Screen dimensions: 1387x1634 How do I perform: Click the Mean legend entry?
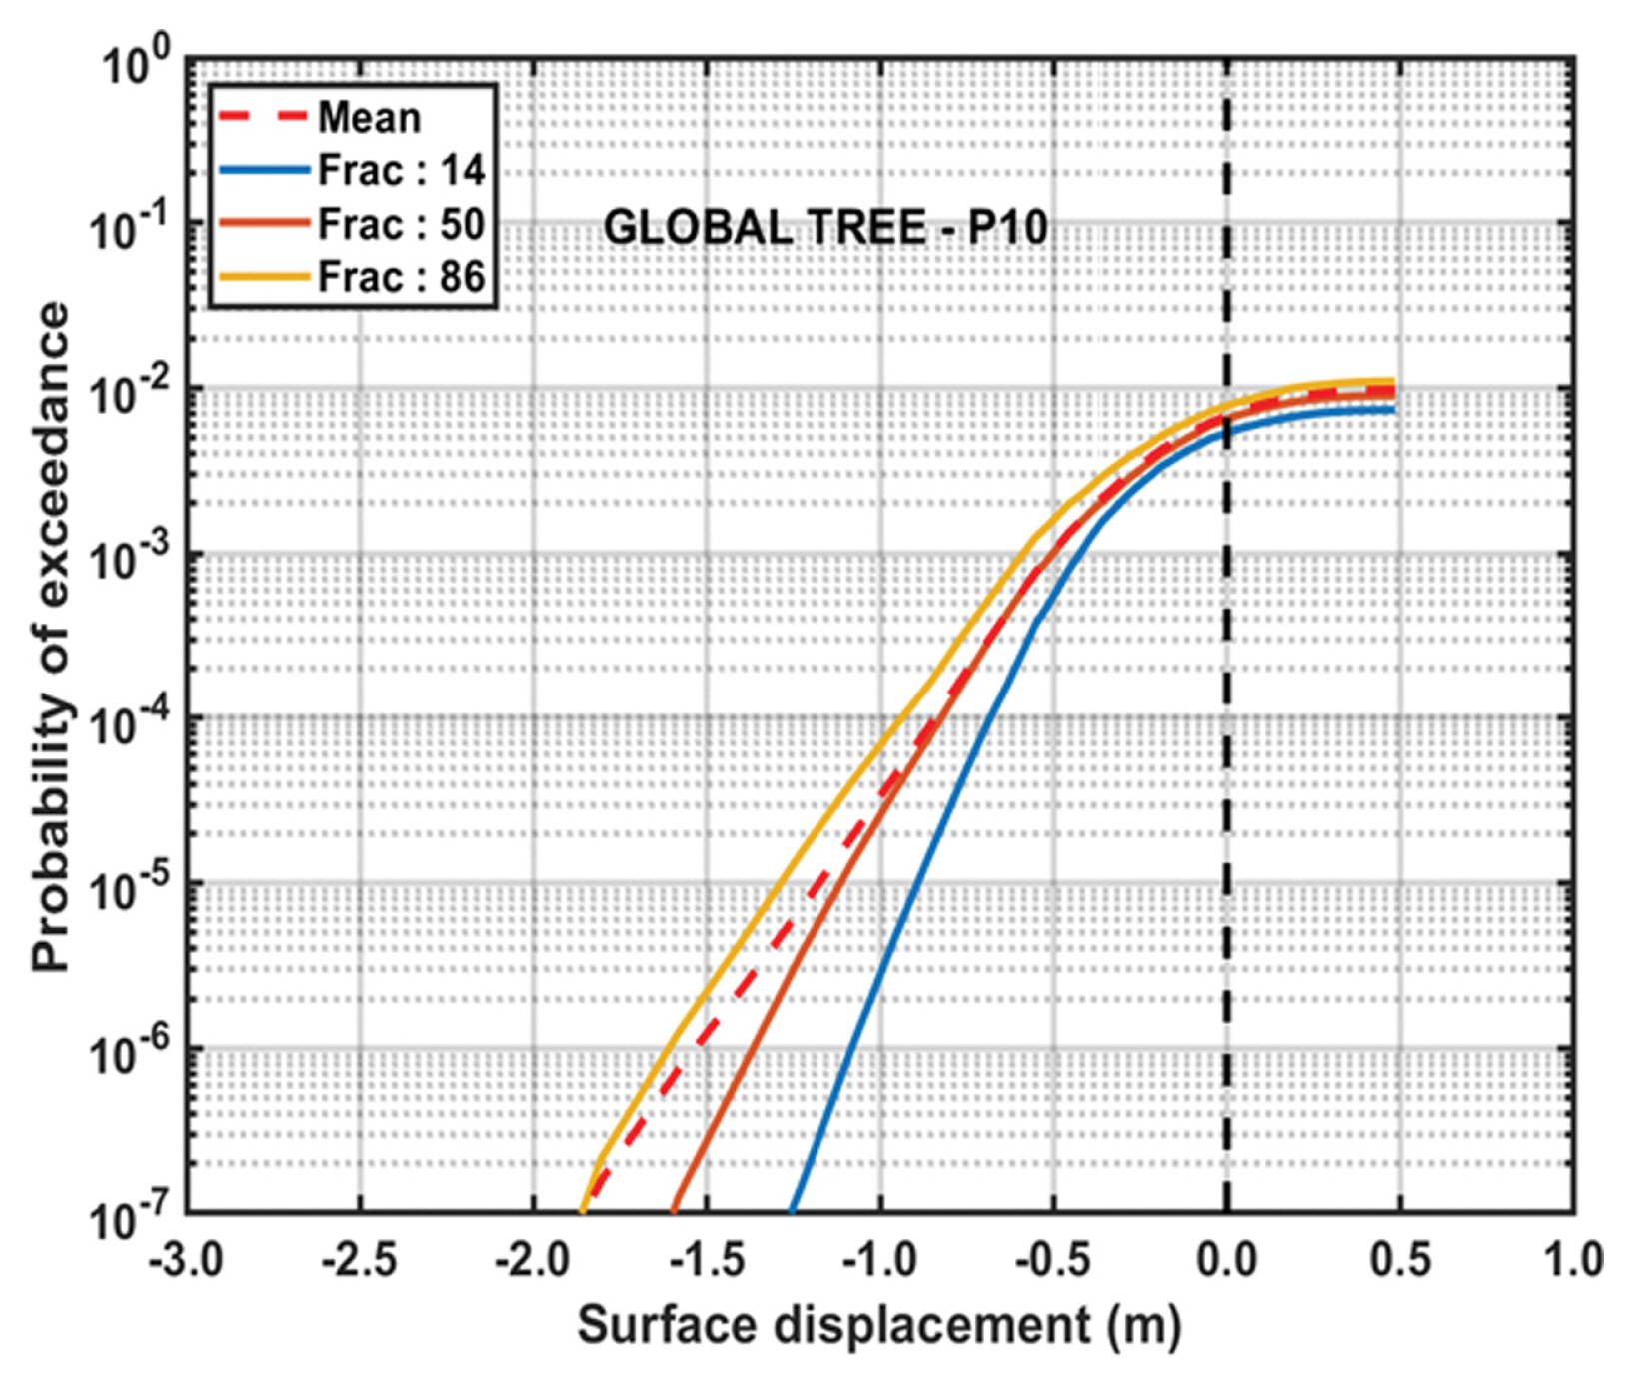[x=369, y=118]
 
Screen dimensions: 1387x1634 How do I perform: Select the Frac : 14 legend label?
[x=401, y=171]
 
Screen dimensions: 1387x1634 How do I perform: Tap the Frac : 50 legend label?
[x=401, y=224]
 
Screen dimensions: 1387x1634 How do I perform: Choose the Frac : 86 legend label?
[x=401, y=277]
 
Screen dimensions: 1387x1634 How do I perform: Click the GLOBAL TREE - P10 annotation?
[x=825, y=228]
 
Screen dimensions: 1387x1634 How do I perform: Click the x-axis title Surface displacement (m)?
[x=879, y=1326]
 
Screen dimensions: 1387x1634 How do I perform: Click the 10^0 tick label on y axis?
[x=135, y=66]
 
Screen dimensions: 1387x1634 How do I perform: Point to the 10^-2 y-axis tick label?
[x=130, y=396]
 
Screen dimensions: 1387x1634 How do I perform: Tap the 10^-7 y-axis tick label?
[x=130, y=1219]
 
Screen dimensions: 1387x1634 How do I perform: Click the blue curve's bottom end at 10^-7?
[x=792, y=1210]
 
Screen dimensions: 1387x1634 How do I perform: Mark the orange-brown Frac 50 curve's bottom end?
[x=673, y=1210]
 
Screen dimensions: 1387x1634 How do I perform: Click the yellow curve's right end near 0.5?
[x=1391, y=381]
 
